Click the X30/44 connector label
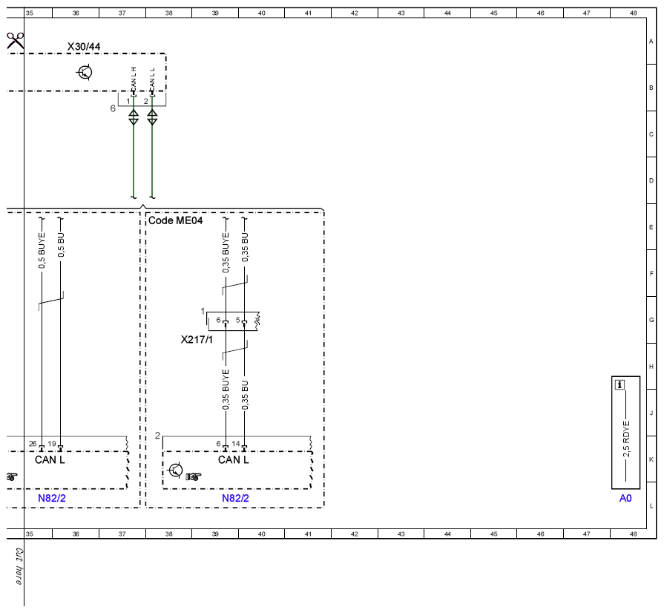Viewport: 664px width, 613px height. pyautogui.click(x=84, y=47)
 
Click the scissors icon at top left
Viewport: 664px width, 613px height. pyautogui.click(x=16, y=41)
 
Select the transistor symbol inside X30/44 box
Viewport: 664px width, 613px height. pyautogui.click(x=85, y=73)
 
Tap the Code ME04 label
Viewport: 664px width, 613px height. pyautogui.click(x=175, y=220)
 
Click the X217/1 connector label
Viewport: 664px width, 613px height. pyautogui.click(x=197, y=339)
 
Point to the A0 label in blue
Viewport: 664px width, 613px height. pyautogui.click(x=625, y=498)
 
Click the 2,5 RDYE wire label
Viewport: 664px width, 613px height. pyautogui.click(x=626, y=439)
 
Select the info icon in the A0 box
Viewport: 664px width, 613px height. pyautogui.click(x=620, y=384)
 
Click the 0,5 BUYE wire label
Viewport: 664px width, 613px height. pyautogui.click(x=42, y=250)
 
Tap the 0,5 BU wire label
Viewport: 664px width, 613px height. pyautogui.click(x=61, y=245)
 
